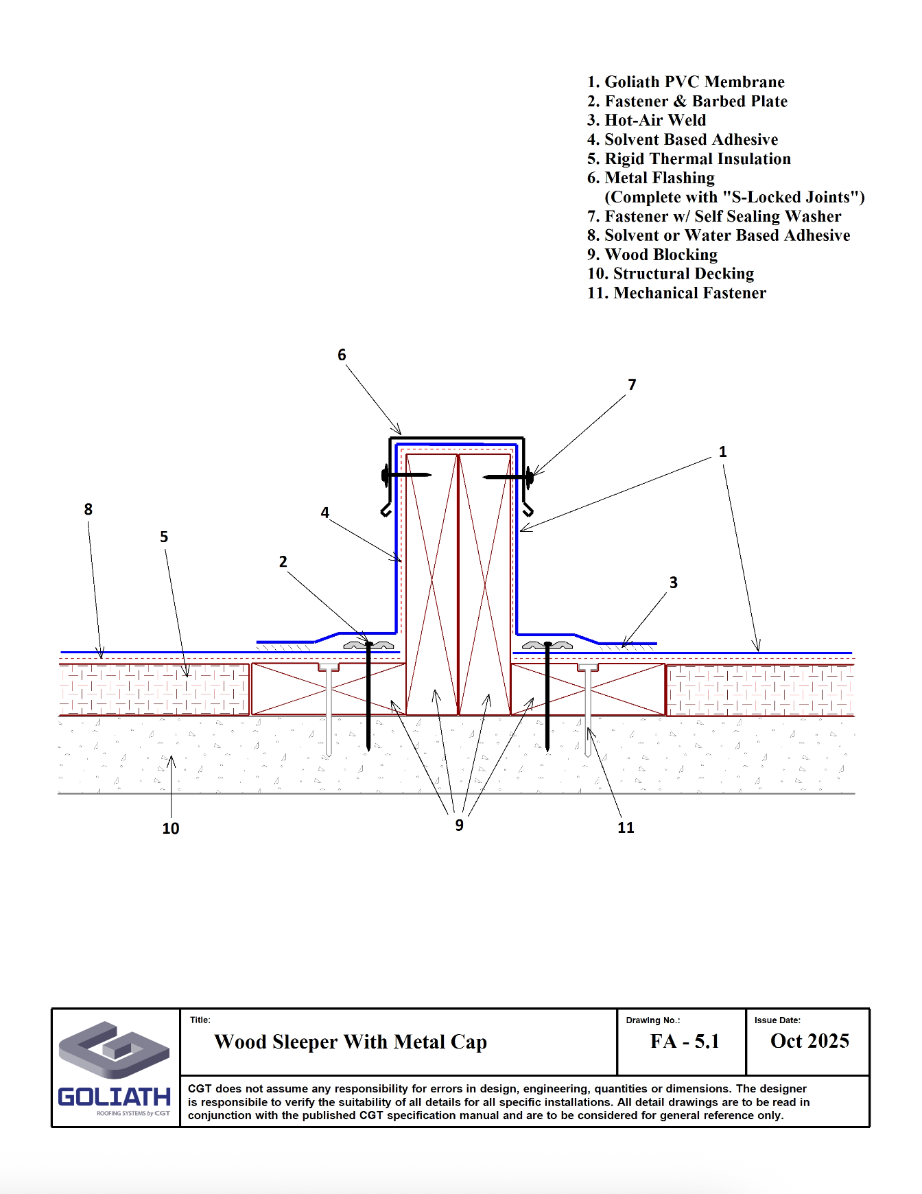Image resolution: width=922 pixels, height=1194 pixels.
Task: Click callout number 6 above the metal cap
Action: click(342, 355)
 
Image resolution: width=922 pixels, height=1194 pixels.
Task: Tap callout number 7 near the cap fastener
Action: click(632, 385)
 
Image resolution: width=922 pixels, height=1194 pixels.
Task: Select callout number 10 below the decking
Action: click(171, 828)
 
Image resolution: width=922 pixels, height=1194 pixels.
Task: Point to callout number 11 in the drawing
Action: click(626, 828)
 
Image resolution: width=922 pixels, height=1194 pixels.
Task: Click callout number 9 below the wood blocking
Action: click(459, 825)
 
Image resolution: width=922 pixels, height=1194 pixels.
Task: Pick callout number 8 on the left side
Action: click(88, 509)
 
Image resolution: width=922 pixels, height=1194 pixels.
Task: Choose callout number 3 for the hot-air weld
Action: click(673, 583)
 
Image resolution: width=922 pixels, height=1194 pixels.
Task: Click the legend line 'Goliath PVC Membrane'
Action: click(686, 82)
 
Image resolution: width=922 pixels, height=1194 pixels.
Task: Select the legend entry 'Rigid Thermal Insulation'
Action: click(689, 159)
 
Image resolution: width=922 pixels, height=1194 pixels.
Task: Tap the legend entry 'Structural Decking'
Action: click(670, 274)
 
